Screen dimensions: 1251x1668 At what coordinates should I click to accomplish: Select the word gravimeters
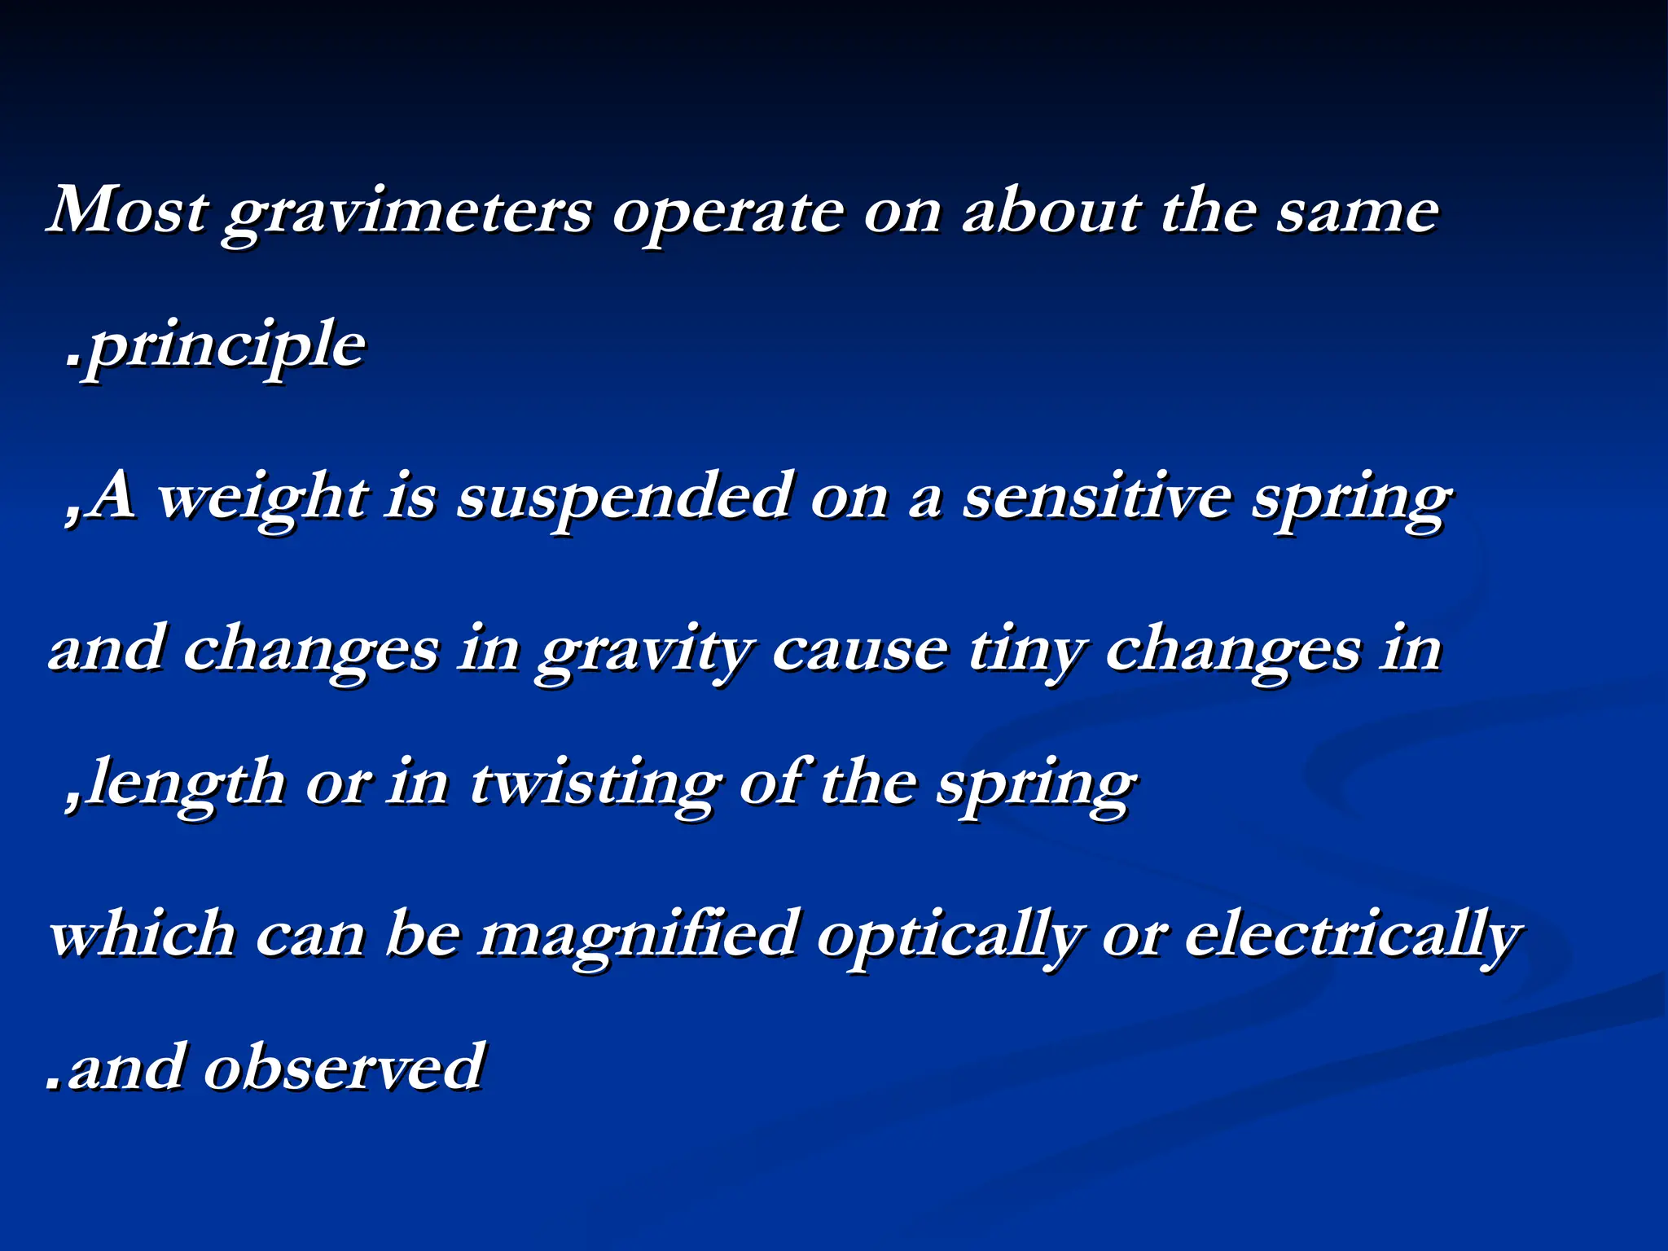(x=408, y=213)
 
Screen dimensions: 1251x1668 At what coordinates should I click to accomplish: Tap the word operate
(x=727, y=213)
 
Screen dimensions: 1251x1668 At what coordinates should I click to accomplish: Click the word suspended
(x=623, y=498)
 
